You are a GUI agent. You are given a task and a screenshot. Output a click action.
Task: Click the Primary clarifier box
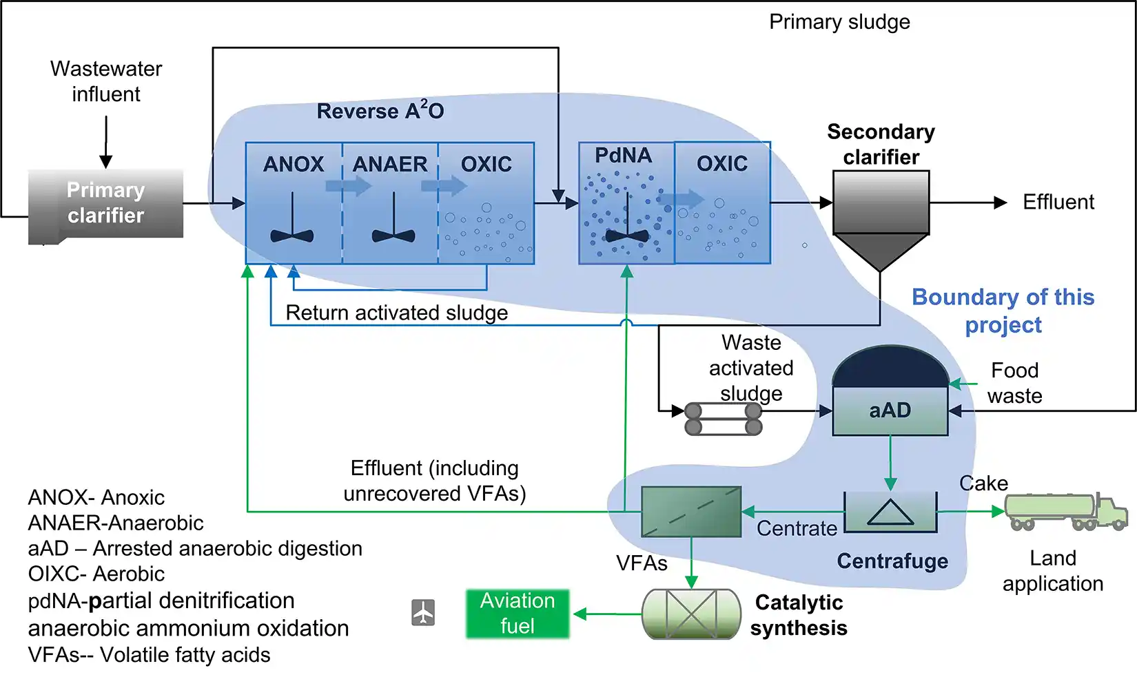point(105,204)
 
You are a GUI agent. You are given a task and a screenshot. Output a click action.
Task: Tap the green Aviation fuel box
point(518,613)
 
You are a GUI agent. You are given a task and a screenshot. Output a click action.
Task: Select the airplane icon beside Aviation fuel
point(423,612)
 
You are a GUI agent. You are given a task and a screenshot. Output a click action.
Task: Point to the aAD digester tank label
point(890,410)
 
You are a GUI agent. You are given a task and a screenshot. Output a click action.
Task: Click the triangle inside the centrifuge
point(890,513)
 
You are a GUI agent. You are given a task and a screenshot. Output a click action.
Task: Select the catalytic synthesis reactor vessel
point(690,613)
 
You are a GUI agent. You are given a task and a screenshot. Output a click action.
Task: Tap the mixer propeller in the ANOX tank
point(292,234)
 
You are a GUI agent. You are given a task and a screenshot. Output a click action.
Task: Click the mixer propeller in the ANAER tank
point(393,234)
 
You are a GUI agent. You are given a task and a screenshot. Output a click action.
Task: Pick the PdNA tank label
point(623,156)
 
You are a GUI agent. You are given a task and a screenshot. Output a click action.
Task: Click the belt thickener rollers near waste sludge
point(724,419)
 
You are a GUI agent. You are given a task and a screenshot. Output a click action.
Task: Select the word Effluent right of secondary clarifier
point(1058,202)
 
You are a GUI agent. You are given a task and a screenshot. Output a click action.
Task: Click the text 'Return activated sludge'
point(396,313)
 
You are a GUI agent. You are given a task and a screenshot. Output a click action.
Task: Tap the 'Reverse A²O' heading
point(380,111)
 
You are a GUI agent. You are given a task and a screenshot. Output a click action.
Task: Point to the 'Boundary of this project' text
point(1003,311)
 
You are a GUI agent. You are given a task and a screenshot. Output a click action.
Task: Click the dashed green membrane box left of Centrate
point(690,512)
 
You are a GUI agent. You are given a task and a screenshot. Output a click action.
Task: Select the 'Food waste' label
point(1014,383)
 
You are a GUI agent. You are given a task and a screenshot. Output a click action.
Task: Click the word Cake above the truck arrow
point(983,483)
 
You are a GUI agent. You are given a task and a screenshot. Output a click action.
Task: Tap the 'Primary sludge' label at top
point(839,22)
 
